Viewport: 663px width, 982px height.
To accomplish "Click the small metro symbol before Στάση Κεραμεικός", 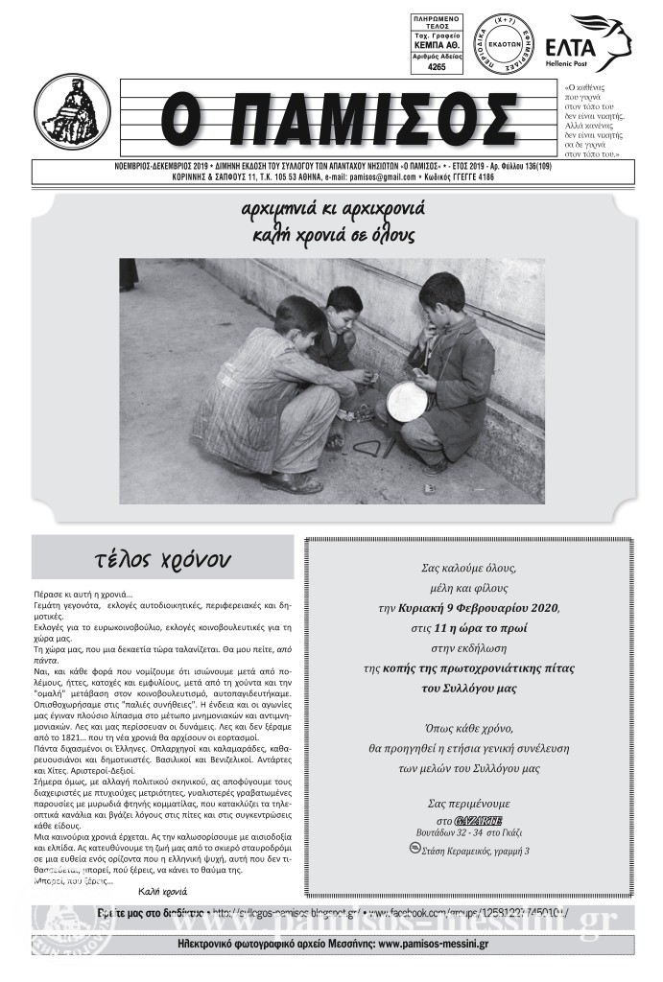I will tap(414, 848).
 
